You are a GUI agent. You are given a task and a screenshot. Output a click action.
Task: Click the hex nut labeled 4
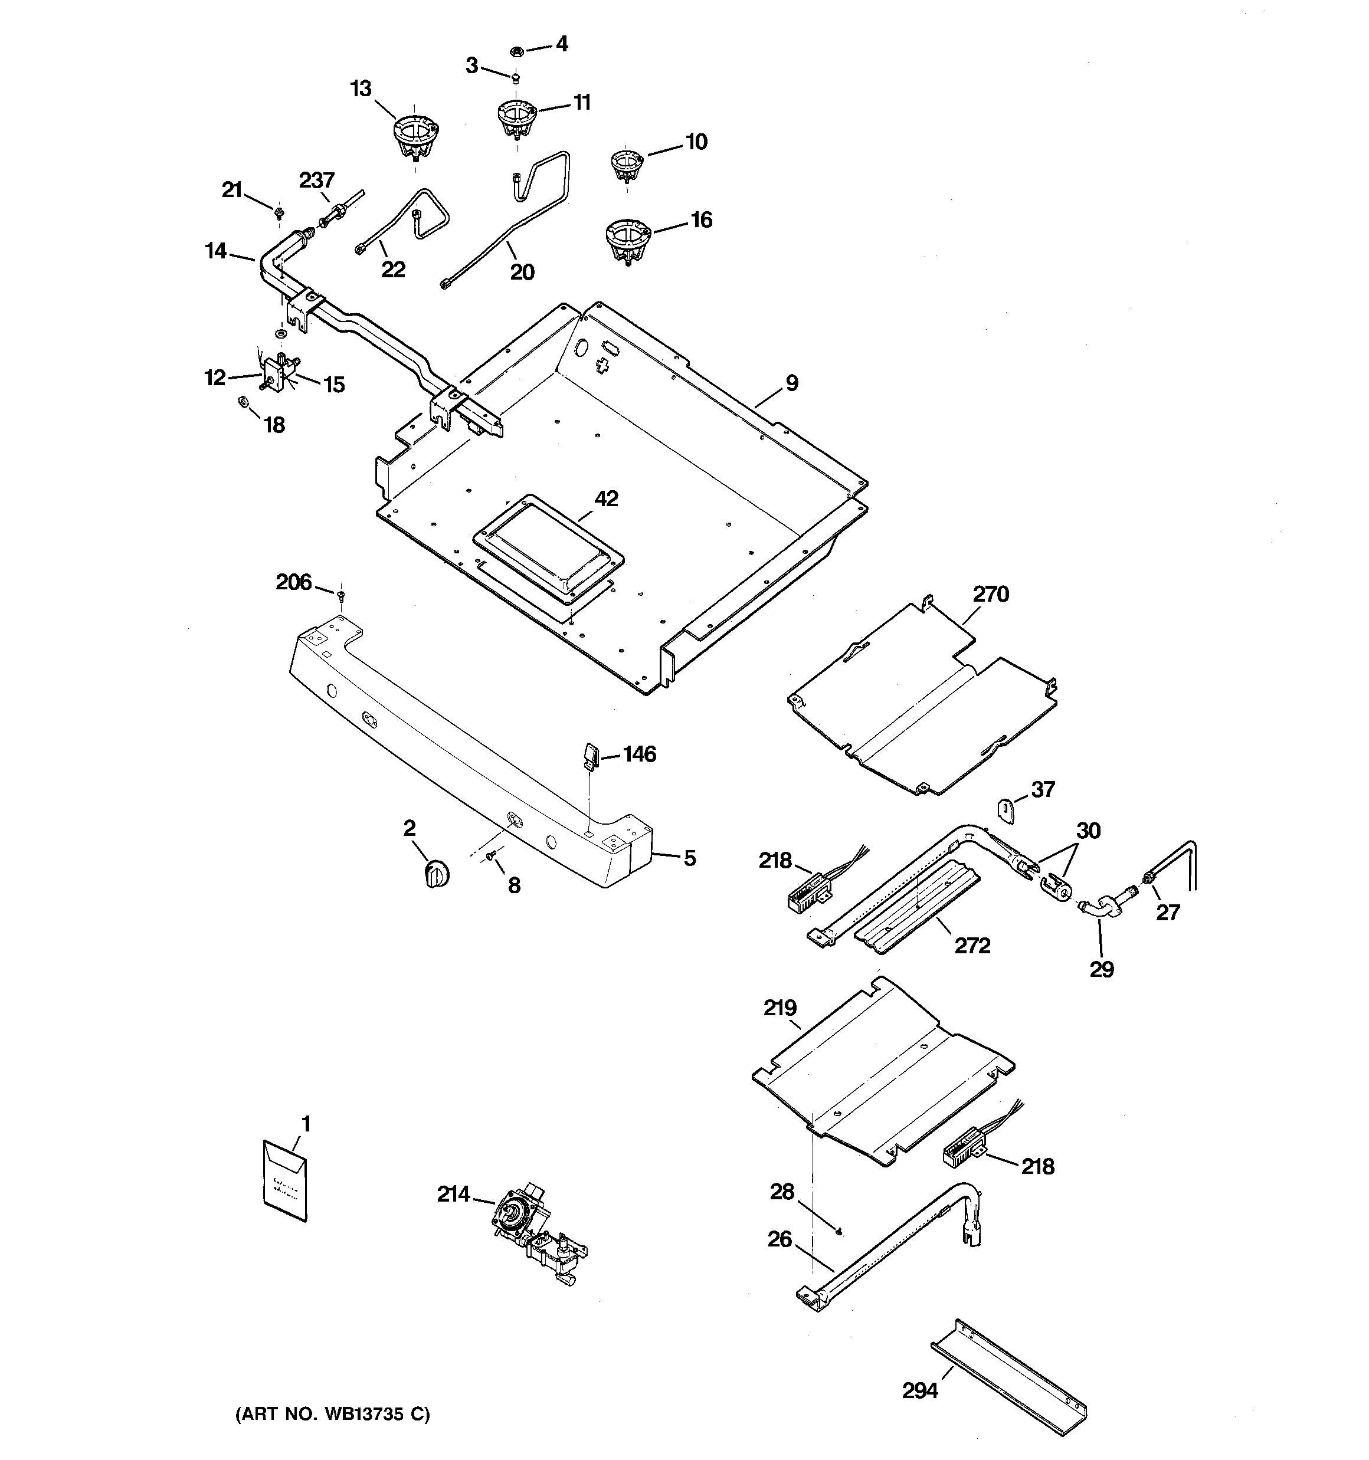pyautogui.click(x=516, y=51)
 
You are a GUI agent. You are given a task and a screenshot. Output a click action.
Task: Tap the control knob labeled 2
pyautogui.click(x=437, y=875)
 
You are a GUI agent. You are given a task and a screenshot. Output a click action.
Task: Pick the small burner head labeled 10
pyautogui.click(x=627, y=166)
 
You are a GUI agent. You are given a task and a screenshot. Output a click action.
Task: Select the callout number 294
pyautogui.click(x=920, y=1390)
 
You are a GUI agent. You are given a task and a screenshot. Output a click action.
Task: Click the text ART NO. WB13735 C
pyautogui.click(x=332, y=1414)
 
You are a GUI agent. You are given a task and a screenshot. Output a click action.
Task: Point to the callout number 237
pyautogui.click(x=317, y=180)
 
